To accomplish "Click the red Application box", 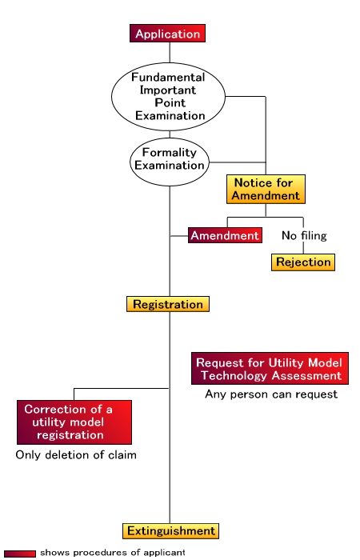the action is click(167, 34).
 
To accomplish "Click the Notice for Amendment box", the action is click(266, 189).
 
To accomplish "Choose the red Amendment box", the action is click(225, 235).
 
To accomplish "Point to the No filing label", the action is click(304, 236).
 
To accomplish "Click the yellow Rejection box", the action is click(303, 262).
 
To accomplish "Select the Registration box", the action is click(168, 304).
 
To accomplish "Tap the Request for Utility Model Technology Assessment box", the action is click(270, 369).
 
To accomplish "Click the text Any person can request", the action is click(271, 394).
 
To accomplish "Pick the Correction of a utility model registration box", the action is click(74, 422).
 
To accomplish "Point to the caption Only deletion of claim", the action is click(76, 455).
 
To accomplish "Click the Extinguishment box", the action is click(170, 531).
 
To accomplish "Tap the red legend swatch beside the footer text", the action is click(20, 554).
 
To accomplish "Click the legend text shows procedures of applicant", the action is click(113, 553).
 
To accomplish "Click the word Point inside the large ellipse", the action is click(170, 103).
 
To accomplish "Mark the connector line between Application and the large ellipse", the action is click(170, 53).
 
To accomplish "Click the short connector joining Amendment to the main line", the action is click(179, 236).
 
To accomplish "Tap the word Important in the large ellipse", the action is click(168, 90).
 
